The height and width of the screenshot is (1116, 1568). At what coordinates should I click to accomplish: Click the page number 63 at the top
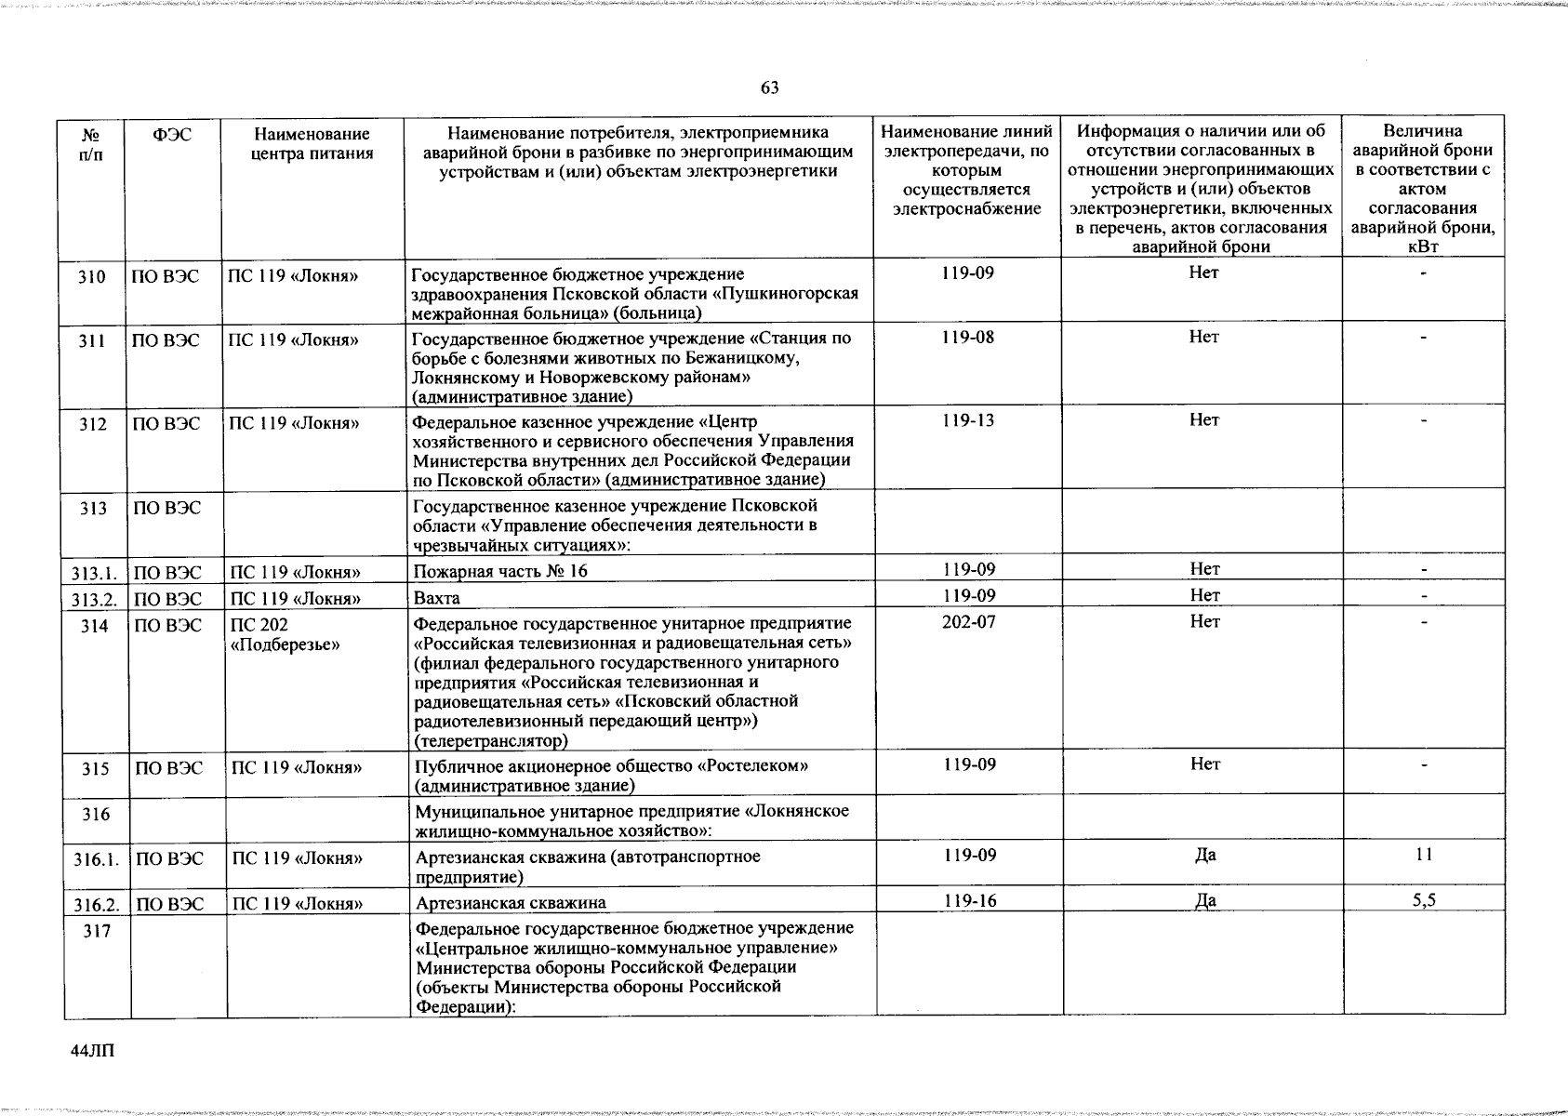(769, 88)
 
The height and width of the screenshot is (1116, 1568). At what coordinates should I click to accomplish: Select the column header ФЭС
(173, 135)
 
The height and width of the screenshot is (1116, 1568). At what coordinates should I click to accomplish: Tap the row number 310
(92, 277)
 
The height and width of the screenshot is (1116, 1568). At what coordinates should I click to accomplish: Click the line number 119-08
(967, 337)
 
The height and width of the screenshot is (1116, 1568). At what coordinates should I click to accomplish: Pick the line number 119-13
(967, 420)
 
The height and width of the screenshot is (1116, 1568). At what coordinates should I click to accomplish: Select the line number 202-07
(968, 621)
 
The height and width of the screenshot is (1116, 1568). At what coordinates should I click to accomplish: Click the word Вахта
(437, 597)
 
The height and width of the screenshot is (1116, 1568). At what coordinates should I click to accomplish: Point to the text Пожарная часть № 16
(500, 571)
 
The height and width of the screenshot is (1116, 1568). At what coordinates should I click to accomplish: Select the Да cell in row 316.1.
(1205, 855)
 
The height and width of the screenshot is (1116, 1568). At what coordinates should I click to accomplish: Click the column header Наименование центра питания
(312, 144)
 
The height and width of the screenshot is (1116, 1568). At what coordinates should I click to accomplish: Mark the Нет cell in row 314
(1205, 621)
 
